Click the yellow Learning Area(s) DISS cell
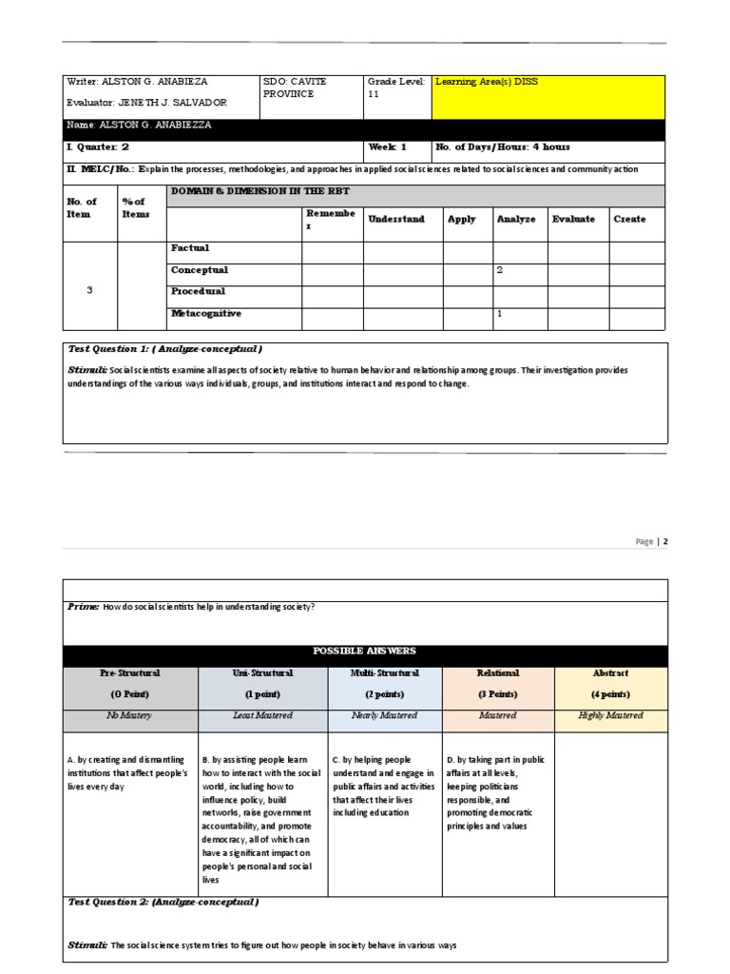[548, 96]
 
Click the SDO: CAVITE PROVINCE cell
[310, 88]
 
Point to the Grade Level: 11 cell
[397, 88]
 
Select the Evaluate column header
[573, 219]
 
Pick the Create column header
[629, 219]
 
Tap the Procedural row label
[198, 291]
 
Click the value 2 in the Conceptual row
[500, 270]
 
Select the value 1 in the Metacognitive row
[500, 313]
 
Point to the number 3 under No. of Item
[89, 290]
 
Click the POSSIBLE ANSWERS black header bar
[365, 652]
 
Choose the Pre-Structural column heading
[130, 672]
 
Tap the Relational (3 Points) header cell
[498, 683]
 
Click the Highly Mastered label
[610, 715]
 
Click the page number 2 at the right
[665, 541]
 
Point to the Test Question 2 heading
[163, 902]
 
